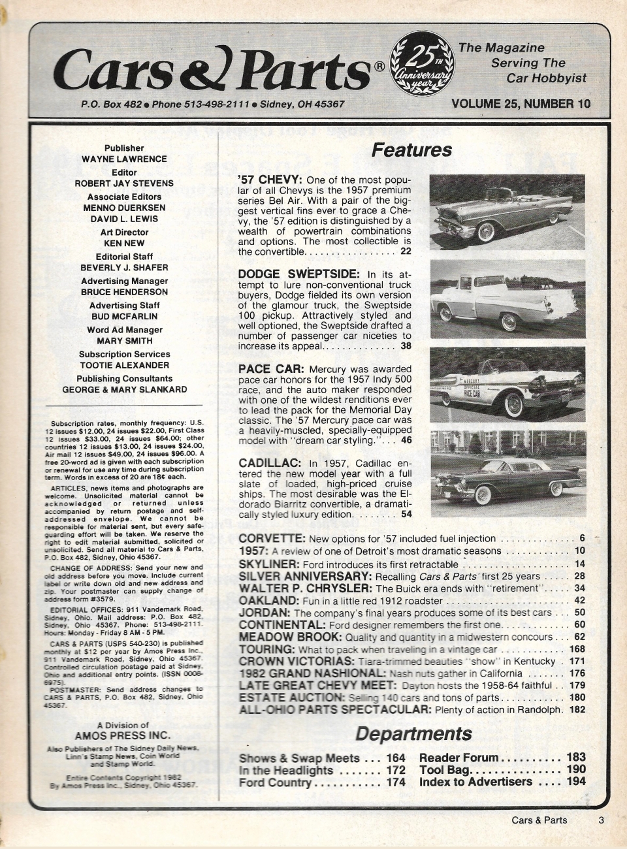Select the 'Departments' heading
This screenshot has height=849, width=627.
413,733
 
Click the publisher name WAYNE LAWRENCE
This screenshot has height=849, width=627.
124,159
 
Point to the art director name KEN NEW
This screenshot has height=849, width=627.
124,243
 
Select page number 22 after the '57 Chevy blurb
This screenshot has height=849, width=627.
406,251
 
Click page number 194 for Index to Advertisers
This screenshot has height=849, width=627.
575,782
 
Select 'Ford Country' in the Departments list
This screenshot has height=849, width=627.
275,782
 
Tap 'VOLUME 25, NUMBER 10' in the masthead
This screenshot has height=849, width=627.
520,103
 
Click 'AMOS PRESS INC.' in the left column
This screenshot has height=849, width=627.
123,735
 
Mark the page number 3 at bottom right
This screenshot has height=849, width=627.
600,820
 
